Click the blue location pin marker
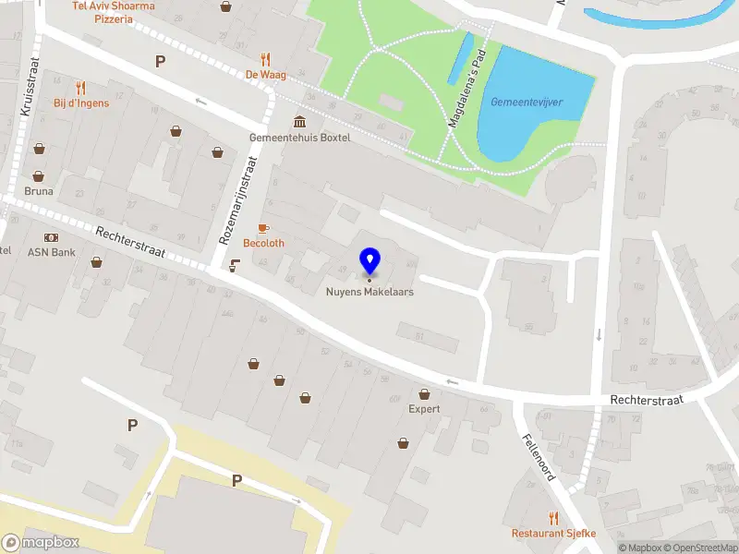369,262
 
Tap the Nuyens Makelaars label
369,292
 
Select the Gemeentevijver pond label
527,102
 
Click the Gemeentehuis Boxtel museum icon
300,123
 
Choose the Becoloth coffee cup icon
263,227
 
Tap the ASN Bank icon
51,237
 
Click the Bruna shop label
39,191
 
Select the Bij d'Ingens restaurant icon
81,88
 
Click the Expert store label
424,408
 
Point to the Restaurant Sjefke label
554,534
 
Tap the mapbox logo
40,543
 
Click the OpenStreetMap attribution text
700,548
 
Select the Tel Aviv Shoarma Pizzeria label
115,11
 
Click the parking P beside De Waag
160,62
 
